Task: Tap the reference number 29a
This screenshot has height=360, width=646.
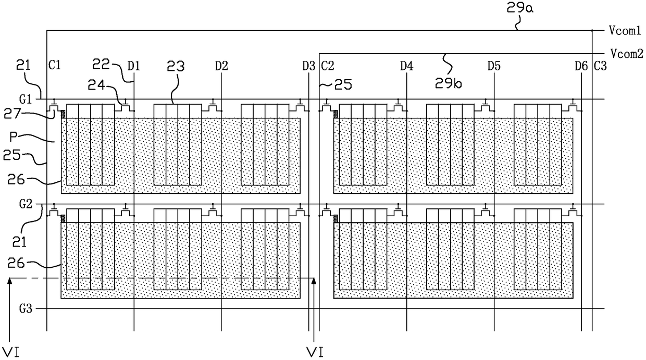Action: point(517,8)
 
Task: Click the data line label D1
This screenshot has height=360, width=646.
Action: point(134,66)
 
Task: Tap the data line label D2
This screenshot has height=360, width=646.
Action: point(221,66)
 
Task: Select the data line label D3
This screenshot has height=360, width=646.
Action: point(308,66)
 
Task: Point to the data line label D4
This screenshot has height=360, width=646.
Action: point(406,66)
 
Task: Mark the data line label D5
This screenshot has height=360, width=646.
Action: point(494,66)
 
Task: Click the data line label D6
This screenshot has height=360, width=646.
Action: point(581,66)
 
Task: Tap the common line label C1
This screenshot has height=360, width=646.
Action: point(55,66)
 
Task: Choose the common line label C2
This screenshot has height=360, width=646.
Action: point(328,66)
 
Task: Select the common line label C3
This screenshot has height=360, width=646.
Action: point(600,66)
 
